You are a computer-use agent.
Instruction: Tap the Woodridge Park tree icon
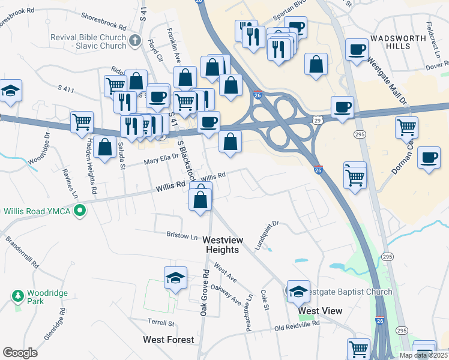17,295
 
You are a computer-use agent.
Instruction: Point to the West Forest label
168,340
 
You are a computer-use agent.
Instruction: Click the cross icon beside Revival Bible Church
134,41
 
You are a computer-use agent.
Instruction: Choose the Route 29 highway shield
318,120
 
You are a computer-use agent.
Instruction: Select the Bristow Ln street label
182,237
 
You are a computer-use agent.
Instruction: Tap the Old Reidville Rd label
297,326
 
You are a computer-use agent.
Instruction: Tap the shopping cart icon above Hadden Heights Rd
82,122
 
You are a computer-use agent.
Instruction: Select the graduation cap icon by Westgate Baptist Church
298,291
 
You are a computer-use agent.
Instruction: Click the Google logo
20,353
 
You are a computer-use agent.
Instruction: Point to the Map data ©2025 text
424,355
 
